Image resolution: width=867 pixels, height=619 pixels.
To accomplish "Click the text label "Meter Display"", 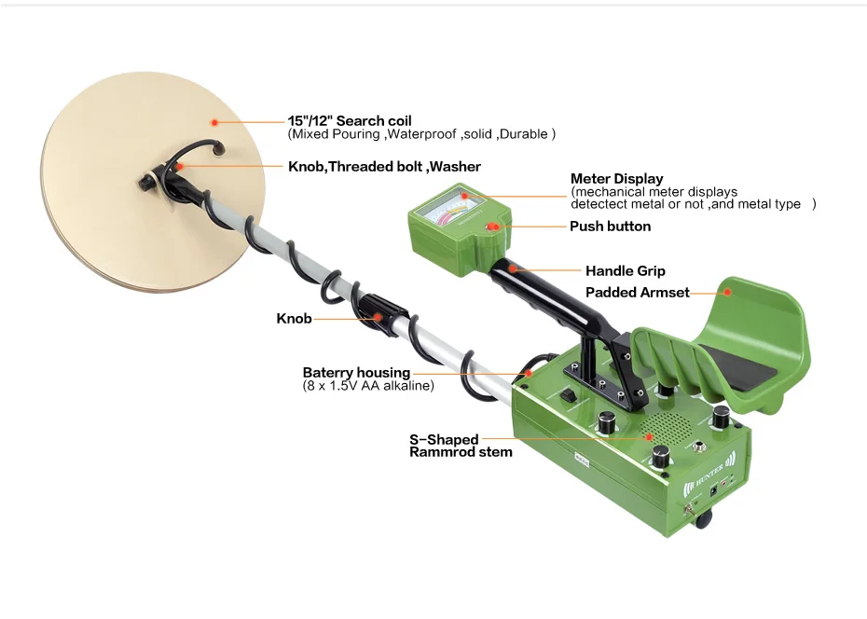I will click(616, 178).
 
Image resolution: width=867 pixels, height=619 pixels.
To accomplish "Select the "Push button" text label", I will click(610, 227).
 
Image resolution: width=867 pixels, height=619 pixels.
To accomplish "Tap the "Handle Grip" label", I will click(625, 271).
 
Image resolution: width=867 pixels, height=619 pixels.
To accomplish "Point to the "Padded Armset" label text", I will click(637, 293).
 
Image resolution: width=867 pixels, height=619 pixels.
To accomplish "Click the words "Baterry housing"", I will click(356, 373).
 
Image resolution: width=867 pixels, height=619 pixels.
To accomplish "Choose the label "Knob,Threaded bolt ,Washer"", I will click(384, 167).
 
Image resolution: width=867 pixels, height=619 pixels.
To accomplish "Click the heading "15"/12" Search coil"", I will click(349, 121).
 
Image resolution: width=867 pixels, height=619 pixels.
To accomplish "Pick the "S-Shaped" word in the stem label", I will click(444, 439).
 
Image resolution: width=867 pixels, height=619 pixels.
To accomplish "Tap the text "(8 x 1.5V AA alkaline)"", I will click(367, 386).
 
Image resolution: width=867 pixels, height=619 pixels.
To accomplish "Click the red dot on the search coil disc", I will click(214, 121).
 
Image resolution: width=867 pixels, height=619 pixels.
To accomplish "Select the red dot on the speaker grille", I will click(649, 437).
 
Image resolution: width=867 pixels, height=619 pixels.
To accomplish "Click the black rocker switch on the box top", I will click(567, 395).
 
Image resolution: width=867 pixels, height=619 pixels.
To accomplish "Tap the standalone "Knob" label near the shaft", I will click(294, 319).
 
